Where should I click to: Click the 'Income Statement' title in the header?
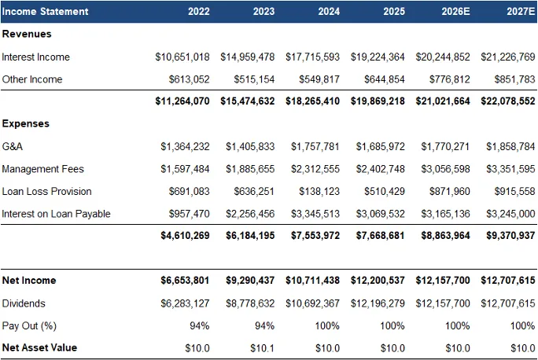(x=45, y=12)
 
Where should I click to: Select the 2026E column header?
(x=455, y=12)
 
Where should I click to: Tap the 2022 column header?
(x=198, y=12)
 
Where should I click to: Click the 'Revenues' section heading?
(x=27, y=35)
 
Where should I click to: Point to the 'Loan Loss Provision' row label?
(x=46, y=191)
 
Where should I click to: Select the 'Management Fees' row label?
(x=42, y=168)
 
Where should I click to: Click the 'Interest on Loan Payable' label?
(x=56, y=214)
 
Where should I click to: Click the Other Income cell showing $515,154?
(x=253, y=79)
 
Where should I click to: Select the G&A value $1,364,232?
(x=186, y=146)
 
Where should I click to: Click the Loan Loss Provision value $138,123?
(x=319, y=191)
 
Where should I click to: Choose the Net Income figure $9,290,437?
(x=250, y=281)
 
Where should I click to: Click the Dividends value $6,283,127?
(x=186, y=303)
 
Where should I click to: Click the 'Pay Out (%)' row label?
(x=30, y=325)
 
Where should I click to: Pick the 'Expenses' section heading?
(x=26, y=123)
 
